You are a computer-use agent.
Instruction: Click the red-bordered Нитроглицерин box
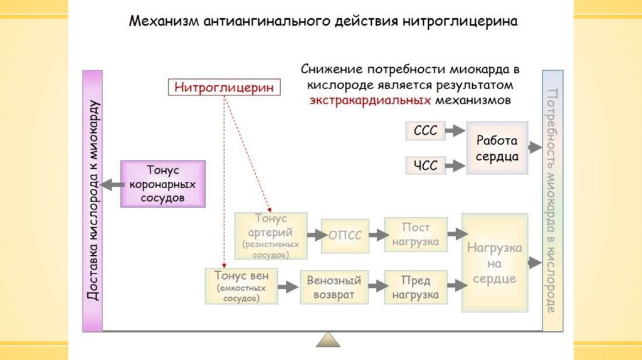[x=224, y=87]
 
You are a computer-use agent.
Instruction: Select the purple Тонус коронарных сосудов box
[x=162, y=184]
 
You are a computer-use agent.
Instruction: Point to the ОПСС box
[x=345, y=235]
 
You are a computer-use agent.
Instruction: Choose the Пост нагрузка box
[x=416, y=235]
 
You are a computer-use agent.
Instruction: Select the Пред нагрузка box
[x=416, y=287]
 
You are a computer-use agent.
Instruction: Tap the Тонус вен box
[x=241, y=286]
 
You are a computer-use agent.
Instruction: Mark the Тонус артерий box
[x=271, y=235]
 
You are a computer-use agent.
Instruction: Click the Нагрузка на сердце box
[x=494, y=263]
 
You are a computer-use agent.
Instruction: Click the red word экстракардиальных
[x=369, y=100]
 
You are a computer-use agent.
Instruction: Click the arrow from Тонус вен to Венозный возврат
[x=287, y=287]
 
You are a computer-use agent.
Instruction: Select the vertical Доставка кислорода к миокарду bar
[x=92, y=201]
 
